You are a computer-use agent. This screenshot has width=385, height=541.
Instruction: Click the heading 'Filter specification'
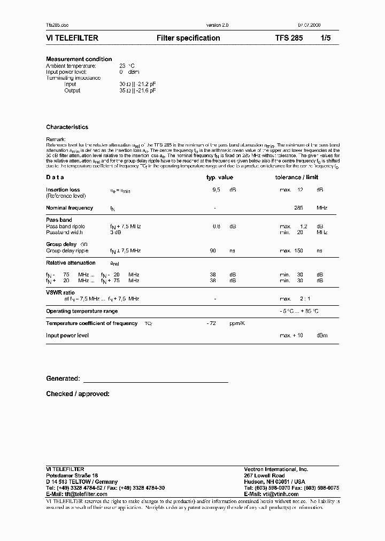click(188, 38)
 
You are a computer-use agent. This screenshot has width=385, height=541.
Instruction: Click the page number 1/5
click(326, 38)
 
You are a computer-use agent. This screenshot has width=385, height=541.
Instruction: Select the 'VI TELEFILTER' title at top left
click(72, 38)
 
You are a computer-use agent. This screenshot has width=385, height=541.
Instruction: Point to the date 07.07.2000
click(310, 25)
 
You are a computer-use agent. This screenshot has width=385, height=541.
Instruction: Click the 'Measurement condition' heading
click(79, 59)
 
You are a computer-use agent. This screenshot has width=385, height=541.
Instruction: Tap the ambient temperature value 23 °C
click(127, 65)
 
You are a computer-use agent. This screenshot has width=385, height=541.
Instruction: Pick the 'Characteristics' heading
click(67, 127)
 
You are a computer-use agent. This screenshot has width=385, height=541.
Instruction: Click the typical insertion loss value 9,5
click(217, 189)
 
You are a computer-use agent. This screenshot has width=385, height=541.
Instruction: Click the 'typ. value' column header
click(220, 177)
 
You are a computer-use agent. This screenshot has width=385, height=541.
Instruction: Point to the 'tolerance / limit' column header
click(297, 177)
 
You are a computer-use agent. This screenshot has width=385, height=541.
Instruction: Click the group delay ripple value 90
click(213, 250)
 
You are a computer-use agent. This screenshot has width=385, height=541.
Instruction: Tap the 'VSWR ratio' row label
click(60, 292)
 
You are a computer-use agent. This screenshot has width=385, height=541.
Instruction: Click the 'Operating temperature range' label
click(82, 311)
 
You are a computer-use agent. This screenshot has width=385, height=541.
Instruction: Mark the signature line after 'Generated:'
click(155, 382)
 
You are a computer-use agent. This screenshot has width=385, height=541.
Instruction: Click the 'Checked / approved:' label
click(78, 394)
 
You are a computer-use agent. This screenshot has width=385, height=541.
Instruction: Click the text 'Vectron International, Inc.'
click(276, 469)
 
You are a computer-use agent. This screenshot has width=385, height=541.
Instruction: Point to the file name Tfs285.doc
click(58, 25)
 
